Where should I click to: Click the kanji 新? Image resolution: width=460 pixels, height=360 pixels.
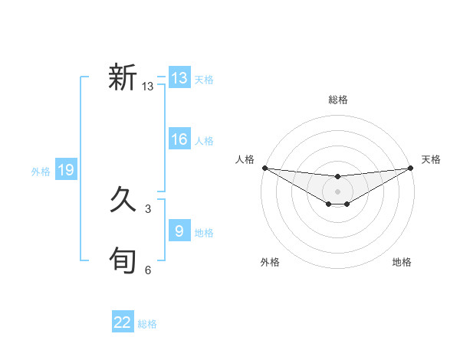click(x=123, y=77)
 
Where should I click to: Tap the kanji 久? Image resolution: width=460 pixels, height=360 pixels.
click(x=123, y=201)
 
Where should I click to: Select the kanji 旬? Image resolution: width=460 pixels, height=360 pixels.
click(x=123, y=260)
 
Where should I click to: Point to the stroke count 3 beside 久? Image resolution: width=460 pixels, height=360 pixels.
click(x=148, y=208)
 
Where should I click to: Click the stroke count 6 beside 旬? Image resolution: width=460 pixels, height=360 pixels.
click(x=148, y=270)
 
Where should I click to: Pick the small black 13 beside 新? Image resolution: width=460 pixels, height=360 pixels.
click(x=148, y=87)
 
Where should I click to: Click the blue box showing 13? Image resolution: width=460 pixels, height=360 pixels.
click(x=179, y=78)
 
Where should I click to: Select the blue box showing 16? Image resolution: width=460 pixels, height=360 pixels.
click(x=179, y=139)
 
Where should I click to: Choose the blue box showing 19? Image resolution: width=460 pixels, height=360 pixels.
click(x=66, y=170)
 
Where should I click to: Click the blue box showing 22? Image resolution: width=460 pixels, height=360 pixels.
click(x=123, y=322)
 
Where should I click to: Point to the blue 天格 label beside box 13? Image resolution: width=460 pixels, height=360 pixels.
click(x=204, y=80)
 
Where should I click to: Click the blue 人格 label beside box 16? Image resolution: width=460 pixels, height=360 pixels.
click(x=204, y=141)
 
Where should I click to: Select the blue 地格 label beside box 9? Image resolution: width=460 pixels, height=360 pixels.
click(x=204, y=233)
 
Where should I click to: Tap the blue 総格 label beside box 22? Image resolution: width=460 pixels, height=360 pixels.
click(x=147, y=324)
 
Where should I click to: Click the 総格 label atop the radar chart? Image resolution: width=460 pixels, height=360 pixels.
click(x=338, y=100)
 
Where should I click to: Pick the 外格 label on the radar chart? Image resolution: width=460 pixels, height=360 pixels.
click(x=270, y=262)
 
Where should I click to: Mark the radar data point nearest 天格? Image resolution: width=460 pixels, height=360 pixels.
click(x=412, y=168)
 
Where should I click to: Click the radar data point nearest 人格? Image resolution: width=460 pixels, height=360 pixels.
click(x=264, y=168)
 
